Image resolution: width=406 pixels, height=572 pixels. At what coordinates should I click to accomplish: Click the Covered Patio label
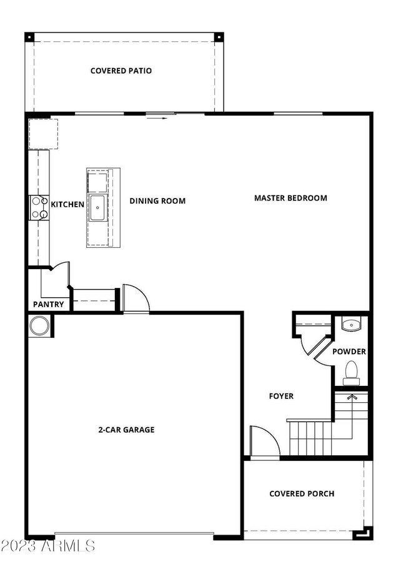click(121, 71)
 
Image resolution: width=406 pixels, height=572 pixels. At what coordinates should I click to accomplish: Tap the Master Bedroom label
click(290, 198)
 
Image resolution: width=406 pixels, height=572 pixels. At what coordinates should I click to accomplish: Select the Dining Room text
click(157, 201)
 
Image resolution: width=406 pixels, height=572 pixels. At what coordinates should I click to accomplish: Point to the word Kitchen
click(67, 204)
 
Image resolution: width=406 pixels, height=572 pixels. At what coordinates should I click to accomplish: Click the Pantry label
click(49, 305)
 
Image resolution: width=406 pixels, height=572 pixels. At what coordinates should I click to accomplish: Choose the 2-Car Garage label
click(126, 430)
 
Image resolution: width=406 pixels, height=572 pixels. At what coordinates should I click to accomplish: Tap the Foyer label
click(281, 396)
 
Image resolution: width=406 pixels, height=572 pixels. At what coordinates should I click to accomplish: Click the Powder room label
click(349, 352)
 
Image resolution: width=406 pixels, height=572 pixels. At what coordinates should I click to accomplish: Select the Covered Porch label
click(302, 493)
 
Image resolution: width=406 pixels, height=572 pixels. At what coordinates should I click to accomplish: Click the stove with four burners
click(39, 208)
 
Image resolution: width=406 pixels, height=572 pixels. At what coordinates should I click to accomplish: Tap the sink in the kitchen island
click(97, 208)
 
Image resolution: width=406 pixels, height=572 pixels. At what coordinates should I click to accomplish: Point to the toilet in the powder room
click(351, 371)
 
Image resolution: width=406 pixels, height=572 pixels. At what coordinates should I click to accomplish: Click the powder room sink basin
click(351, 325)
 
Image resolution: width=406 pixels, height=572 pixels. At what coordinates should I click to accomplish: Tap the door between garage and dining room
click(136, 298)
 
